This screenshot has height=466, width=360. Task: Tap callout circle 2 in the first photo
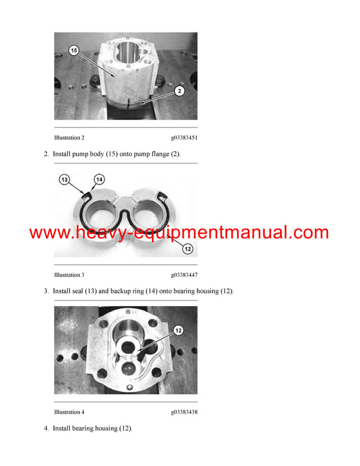180,90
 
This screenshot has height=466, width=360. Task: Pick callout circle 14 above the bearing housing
100,179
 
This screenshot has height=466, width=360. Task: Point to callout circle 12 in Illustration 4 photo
178,330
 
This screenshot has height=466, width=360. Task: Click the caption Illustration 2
69,138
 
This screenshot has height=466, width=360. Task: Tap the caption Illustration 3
69,275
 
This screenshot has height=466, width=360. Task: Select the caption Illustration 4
69,412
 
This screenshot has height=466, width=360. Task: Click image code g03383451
184,138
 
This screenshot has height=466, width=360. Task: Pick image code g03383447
184,275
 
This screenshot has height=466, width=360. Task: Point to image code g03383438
184,412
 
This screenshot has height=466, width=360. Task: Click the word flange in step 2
157,154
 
